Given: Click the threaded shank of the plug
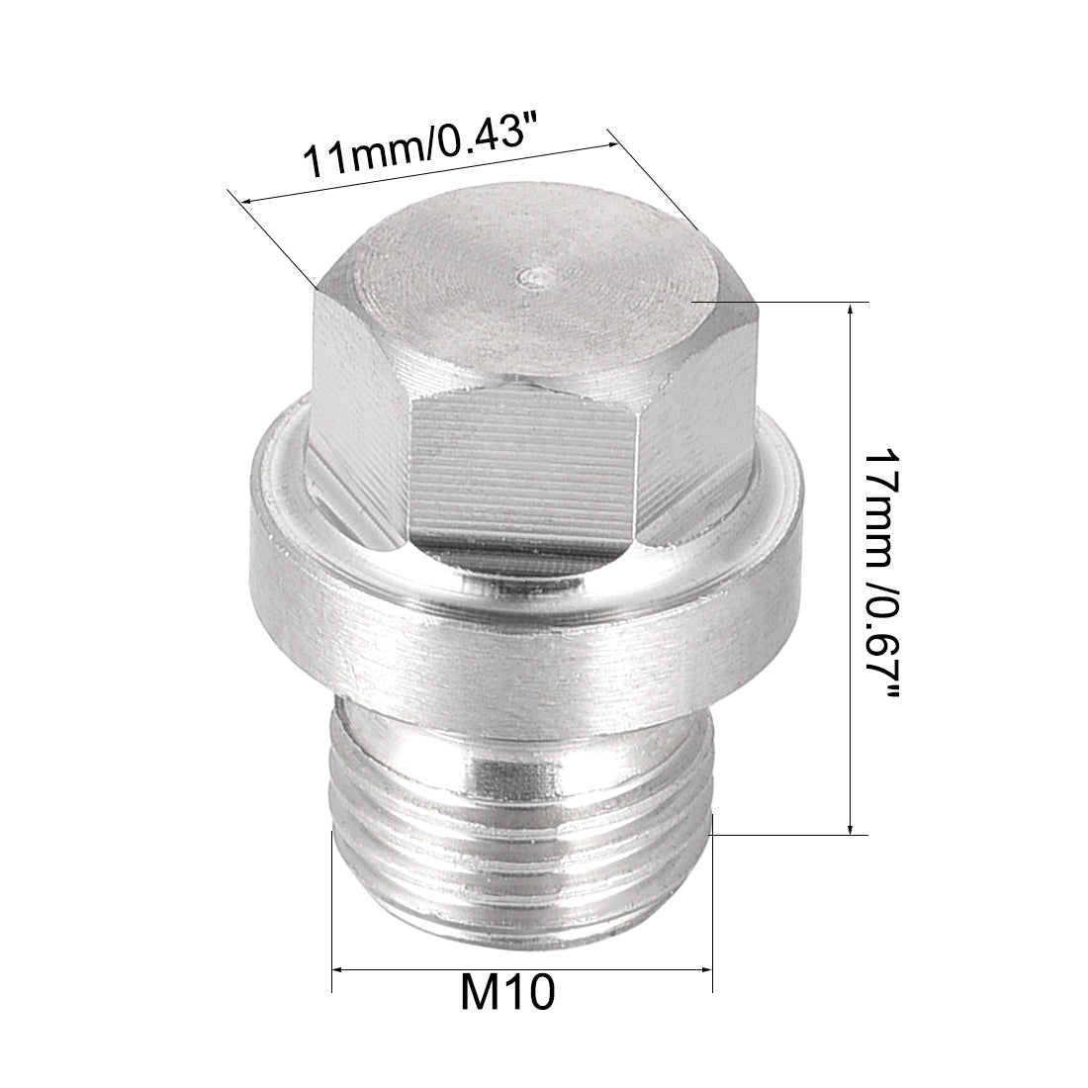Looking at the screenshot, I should [x=519, y=831].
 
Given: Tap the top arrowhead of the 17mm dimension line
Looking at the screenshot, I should [x=851, y=310].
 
